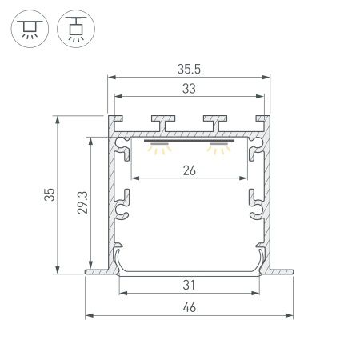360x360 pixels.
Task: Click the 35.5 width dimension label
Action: coord(190,70)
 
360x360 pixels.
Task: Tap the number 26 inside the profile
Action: coord(189,169)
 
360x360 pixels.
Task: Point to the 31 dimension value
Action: coord(190,285)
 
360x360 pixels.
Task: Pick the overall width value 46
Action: coord(190,306)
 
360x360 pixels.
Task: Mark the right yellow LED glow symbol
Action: coord(218,148)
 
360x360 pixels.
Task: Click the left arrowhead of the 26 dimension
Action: coord(132,178)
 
